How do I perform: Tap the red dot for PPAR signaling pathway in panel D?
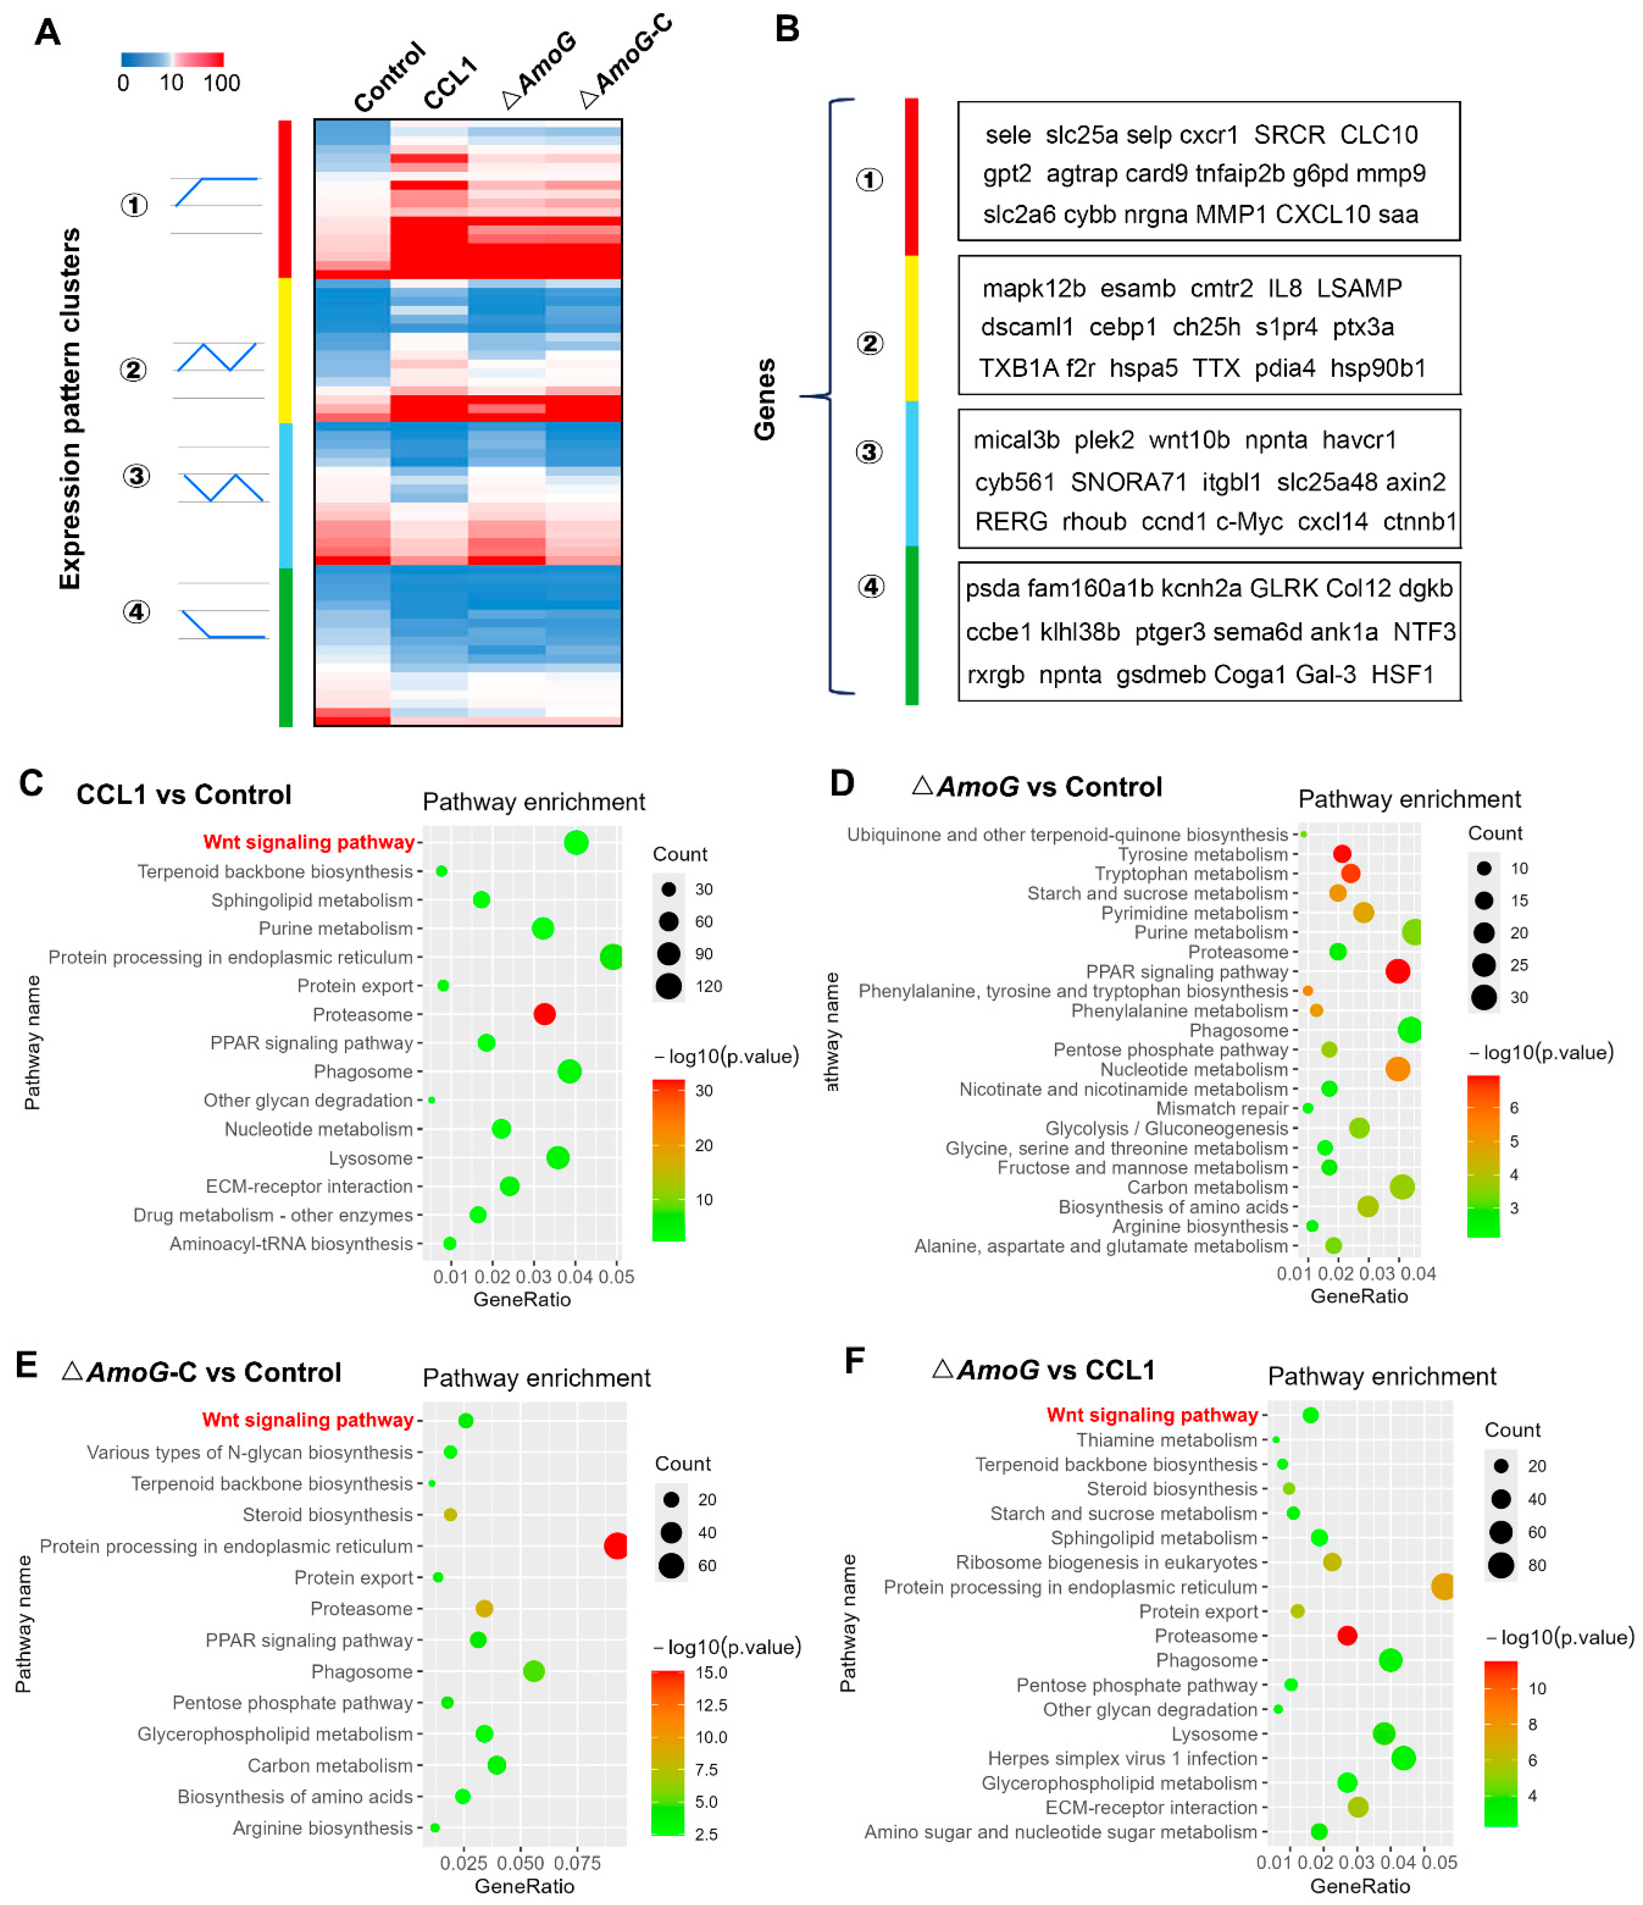point(1397,971)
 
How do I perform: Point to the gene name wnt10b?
point(1189,440)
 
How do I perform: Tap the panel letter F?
point(854,1361)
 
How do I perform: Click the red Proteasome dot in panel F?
point(1347,1636)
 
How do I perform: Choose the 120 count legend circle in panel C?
point(668,985)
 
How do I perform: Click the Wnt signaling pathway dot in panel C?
point(576,842)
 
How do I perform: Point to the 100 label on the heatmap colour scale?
point(221,83)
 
